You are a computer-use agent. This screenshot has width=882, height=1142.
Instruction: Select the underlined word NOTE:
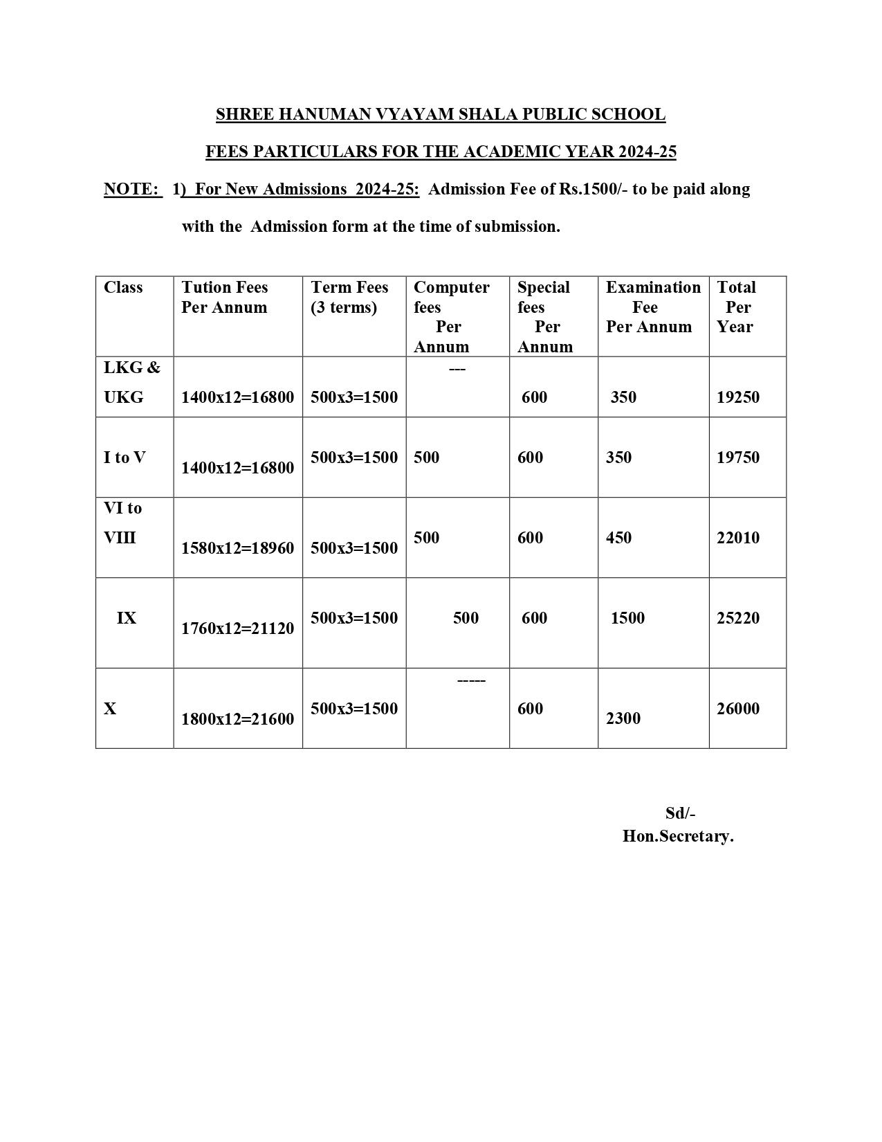click(131, 190)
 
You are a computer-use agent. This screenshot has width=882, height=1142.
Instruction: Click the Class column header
click(123, 288)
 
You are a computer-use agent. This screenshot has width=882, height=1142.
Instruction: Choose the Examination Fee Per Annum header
click(652, 307)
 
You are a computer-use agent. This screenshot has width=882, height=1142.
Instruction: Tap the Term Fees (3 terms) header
click(349, 298)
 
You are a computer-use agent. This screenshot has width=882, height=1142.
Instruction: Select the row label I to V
click(125, 457)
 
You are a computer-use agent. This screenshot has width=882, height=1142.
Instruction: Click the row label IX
click(127, 618)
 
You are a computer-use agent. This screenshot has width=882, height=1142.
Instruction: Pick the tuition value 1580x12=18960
click(237, 548)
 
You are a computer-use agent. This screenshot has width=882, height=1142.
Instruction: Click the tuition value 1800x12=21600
click(237, 719)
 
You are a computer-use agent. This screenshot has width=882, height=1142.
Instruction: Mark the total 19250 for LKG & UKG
click(738, 397)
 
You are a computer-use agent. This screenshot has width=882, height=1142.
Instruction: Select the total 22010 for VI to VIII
click(738, 538)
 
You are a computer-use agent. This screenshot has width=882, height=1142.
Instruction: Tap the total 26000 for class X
click(738, 709)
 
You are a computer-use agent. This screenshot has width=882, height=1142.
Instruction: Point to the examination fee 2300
click(623, 718)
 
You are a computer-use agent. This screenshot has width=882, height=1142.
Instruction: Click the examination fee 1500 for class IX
click(627, 618)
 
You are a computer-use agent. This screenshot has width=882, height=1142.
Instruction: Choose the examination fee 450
click(618, 538)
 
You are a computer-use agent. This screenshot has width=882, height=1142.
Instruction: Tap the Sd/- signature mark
click(680, 813)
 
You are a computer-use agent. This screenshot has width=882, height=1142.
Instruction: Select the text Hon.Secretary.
click(678, 836)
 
